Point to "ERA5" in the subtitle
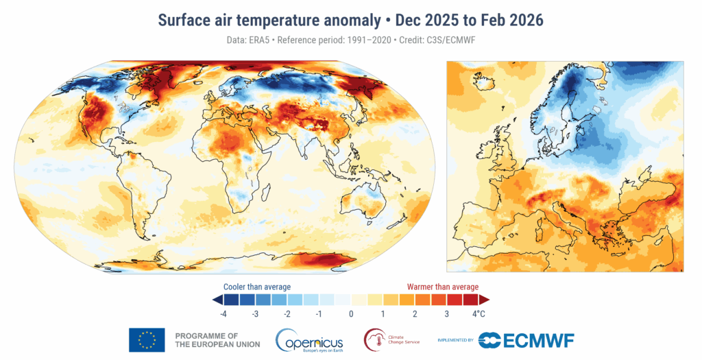click(x=258, y=40)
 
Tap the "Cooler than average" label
click(x=257, y=286)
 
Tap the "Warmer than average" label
click(x=443, y=286)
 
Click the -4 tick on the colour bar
click(x=223, y=313)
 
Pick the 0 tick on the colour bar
click(x=350, y=313)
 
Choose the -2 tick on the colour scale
click(x=287, y=313)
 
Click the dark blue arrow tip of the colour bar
click(x=217, y=300)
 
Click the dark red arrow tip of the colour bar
click(x=484, y=300)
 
